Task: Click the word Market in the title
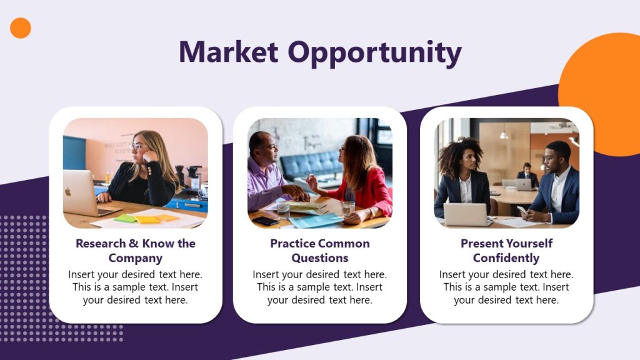[228, 52]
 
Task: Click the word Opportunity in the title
[374, 53]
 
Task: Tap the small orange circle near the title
[21, 28]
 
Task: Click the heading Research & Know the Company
[136, 251]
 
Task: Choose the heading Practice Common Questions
[320, 251]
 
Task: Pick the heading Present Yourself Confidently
[506, 251]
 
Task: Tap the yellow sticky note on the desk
[148, 219]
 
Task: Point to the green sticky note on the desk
[125, 218]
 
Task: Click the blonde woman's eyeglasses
[139, 147]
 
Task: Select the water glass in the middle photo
[347, 208]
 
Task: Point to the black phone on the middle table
[265, 221]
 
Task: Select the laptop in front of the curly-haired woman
[465, 214]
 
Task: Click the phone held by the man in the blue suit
[522, 210]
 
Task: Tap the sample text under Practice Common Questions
[320, 287]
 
